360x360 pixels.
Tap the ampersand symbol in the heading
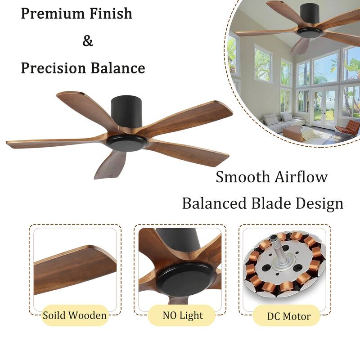click(88, 41)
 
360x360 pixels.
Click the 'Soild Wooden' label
click(75, 315)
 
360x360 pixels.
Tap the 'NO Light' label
click(183, 315)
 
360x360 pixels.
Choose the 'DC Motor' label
click(288, 316)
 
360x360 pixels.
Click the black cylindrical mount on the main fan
click(126, 110)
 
